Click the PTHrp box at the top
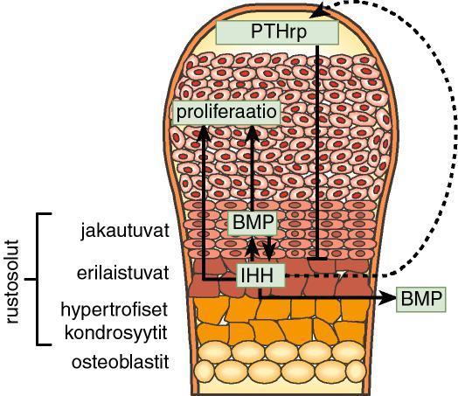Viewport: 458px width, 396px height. [277, 32]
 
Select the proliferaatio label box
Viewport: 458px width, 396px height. [226, 113]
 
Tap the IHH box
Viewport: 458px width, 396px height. [260, 275]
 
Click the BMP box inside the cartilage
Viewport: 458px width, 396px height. [253, 224]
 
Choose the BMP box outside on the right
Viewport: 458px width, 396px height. [421, 299]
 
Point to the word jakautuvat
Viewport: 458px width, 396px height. [125, 231]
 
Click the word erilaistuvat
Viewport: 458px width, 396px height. [123, 273]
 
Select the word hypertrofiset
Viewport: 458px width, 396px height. [114, 309]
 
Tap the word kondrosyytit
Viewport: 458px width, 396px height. [116, 333]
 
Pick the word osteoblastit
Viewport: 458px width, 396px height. [121, 363]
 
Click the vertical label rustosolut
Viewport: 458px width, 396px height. [12, 282]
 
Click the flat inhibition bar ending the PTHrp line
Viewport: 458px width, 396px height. [317, 259]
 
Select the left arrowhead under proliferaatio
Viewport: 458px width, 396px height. [205, 133]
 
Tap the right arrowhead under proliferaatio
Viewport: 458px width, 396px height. [253, 134]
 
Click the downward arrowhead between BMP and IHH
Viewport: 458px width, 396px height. [269, 254]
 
